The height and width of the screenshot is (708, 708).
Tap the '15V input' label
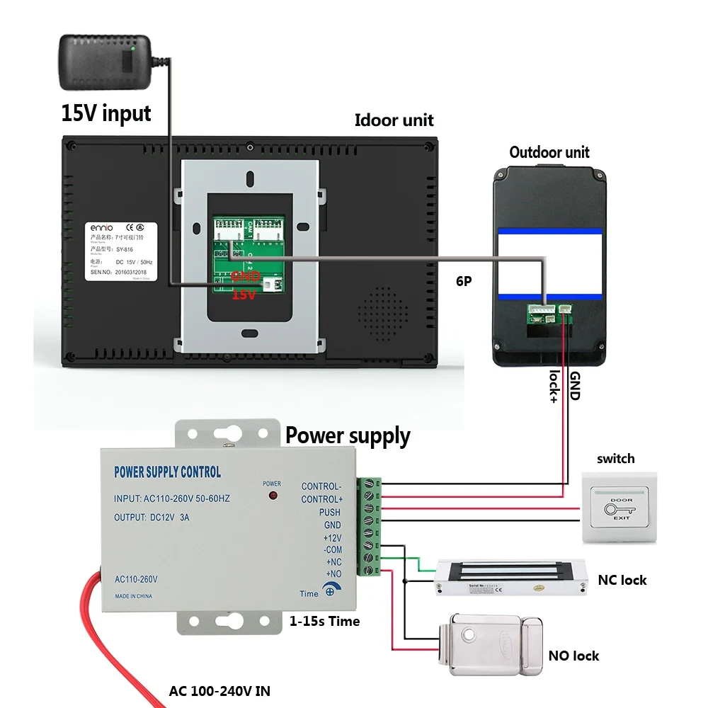pyautogui.click(x=106, y=113)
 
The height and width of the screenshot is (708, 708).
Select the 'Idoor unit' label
pyautogui.click(x=394, y=120)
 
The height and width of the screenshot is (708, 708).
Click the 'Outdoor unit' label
pyautogui.click(x=549, y=152)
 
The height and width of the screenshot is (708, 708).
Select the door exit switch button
pyautogui.click(x=619, y=508)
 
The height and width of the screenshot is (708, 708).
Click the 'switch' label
pyautogui.click(x=615, y=459)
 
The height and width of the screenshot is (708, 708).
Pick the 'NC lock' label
pyautogui.click(x=623, y=580)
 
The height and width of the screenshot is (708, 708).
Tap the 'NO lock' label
pyautogui.click(x=573, y=656)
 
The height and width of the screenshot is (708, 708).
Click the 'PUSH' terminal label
pyautogui.click(x=329, y=513)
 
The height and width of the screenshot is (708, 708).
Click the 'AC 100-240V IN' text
pyautogui.click(x=219, y=691)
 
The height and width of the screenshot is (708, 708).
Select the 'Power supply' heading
pyautogui.click(x=348, y=436)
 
